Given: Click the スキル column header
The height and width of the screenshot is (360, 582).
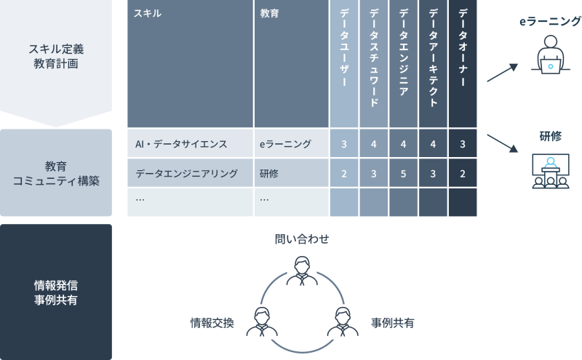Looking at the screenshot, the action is click(148, 14).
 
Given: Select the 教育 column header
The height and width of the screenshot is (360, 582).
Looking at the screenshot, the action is click(268, 14).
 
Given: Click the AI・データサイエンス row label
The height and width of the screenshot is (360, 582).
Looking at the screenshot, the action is click(181, 144).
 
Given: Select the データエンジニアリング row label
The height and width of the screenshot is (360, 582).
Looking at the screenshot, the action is click(187, 174).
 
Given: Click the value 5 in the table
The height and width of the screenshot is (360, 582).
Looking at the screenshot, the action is click(403, 174).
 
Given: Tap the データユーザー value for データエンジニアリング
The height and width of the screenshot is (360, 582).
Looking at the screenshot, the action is click(343, 174).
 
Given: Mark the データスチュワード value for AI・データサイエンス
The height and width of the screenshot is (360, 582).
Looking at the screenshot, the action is click(373, 144).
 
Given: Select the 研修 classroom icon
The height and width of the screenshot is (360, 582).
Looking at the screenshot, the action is click(550, 172).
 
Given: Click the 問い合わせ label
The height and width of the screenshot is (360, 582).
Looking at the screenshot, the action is click(302, 239).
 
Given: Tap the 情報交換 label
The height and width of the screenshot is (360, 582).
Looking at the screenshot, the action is click(212, 321).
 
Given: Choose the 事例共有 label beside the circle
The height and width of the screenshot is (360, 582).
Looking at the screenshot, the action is click(393, 321).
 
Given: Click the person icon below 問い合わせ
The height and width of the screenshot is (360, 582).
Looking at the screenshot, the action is click(301, 271).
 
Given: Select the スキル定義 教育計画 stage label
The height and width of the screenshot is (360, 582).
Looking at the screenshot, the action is click(55, 56).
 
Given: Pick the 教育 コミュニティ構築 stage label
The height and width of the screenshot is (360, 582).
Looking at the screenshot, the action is click(55, 173).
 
